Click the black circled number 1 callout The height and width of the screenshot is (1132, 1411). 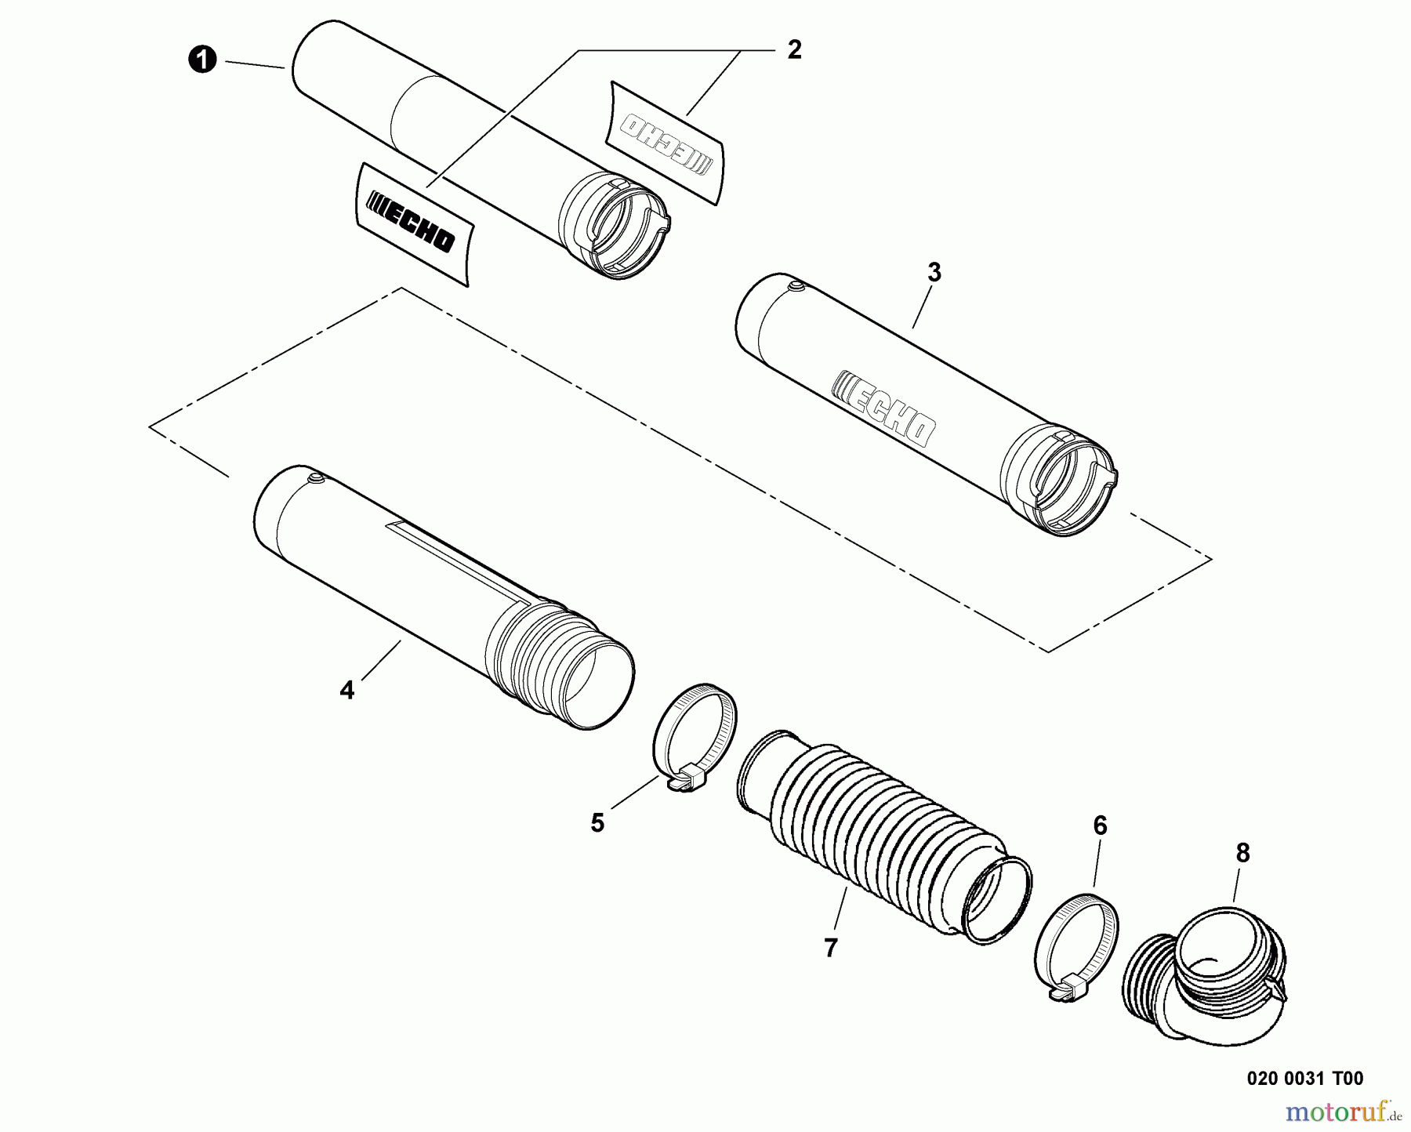[x=203, y=60]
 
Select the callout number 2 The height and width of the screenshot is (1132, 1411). [x=794, y=50]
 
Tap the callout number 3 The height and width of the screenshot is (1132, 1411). [x=934, y=273]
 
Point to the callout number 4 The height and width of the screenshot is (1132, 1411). [x=346, y=691]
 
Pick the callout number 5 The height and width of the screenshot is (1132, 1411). [x=597, y=823]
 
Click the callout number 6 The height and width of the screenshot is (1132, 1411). [x=1100, y=825]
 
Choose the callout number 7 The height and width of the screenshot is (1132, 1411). [x=831, y=948]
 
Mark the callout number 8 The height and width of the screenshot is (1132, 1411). [x=1242, y=853]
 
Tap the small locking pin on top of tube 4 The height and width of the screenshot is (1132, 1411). [x=315, y=477]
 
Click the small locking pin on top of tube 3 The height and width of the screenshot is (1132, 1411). [x=796, y=287]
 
